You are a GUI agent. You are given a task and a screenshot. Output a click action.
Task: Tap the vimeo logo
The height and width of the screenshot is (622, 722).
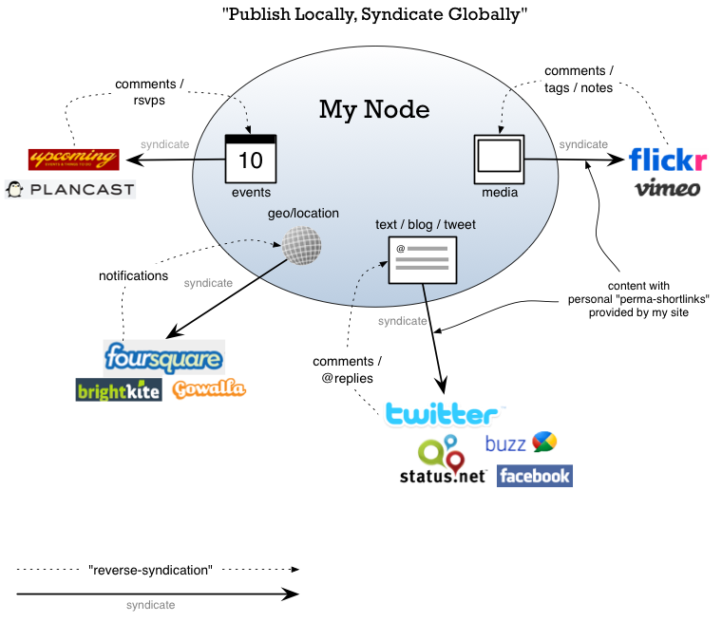click(667, 188)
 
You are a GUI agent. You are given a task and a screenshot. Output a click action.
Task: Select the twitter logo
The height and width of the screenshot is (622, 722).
click(441, 414)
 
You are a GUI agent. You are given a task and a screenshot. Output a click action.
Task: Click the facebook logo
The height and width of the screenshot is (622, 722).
click(534, 475)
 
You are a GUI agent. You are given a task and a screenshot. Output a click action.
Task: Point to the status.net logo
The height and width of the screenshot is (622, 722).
click(443, 462)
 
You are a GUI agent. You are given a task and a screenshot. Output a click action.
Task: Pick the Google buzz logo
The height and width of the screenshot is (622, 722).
click(521, 443)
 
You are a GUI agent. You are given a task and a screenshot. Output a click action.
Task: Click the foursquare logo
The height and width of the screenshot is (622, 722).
click(163, 358)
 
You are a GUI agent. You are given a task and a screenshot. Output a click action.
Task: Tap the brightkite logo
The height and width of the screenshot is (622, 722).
click(119, 389)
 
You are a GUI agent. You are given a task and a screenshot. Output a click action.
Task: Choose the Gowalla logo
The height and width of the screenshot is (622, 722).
click(208, 388)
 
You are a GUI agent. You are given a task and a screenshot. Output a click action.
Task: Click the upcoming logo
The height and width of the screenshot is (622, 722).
click(73, 159)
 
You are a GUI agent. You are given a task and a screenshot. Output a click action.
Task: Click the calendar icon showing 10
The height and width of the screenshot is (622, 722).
click(250, 159)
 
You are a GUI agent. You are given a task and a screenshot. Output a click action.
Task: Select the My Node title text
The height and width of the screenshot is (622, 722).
click(373, 109)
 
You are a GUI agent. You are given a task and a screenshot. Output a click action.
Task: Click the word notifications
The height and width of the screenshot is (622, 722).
click(133, 276)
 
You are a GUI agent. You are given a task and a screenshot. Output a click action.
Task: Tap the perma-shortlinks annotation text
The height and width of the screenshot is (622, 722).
click(652, 298)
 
